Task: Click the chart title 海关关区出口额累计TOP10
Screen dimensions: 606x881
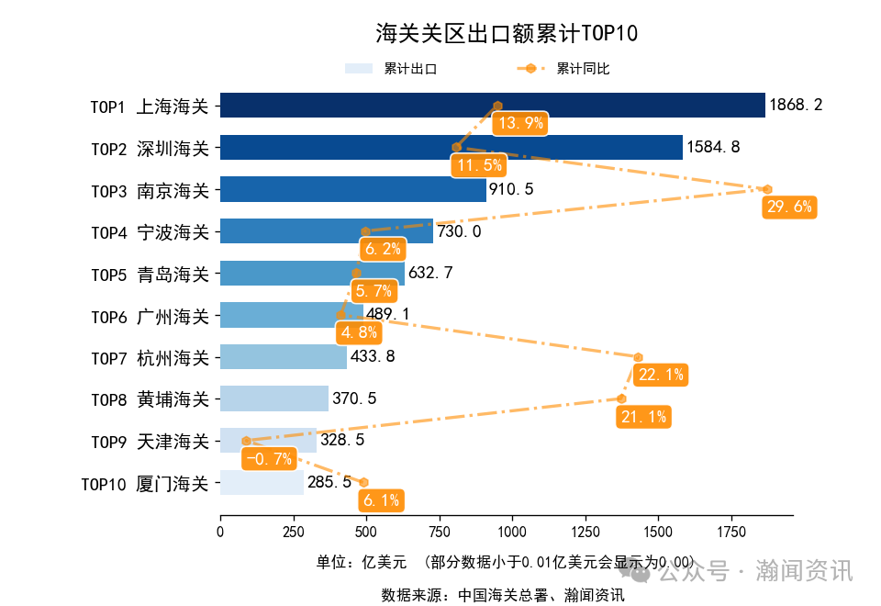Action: coord(507,34)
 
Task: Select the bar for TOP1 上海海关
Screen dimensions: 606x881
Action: coord(492,106)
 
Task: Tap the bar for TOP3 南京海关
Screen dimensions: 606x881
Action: coord(352,189)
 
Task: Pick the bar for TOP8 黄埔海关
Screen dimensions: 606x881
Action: coord(273,398)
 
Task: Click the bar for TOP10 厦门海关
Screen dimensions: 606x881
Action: coord(262,482)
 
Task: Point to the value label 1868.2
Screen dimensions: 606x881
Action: coord(796,106)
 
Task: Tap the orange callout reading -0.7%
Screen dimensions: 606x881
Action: coord(269,458)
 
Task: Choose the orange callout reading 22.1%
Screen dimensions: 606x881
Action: coord(661,375)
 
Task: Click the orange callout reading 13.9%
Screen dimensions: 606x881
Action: coord(519,123)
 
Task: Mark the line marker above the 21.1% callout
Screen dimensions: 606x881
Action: coord(621,398)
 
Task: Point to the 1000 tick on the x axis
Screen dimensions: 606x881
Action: coord(512,532)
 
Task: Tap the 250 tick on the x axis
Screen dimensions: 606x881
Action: coord(293,532)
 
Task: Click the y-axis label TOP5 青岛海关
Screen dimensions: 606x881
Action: coord(151,274)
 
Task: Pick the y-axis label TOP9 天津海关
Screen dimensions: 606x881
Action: coord(151,441)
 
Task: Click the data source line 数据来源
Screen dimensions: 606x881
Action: coord(503,595)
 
